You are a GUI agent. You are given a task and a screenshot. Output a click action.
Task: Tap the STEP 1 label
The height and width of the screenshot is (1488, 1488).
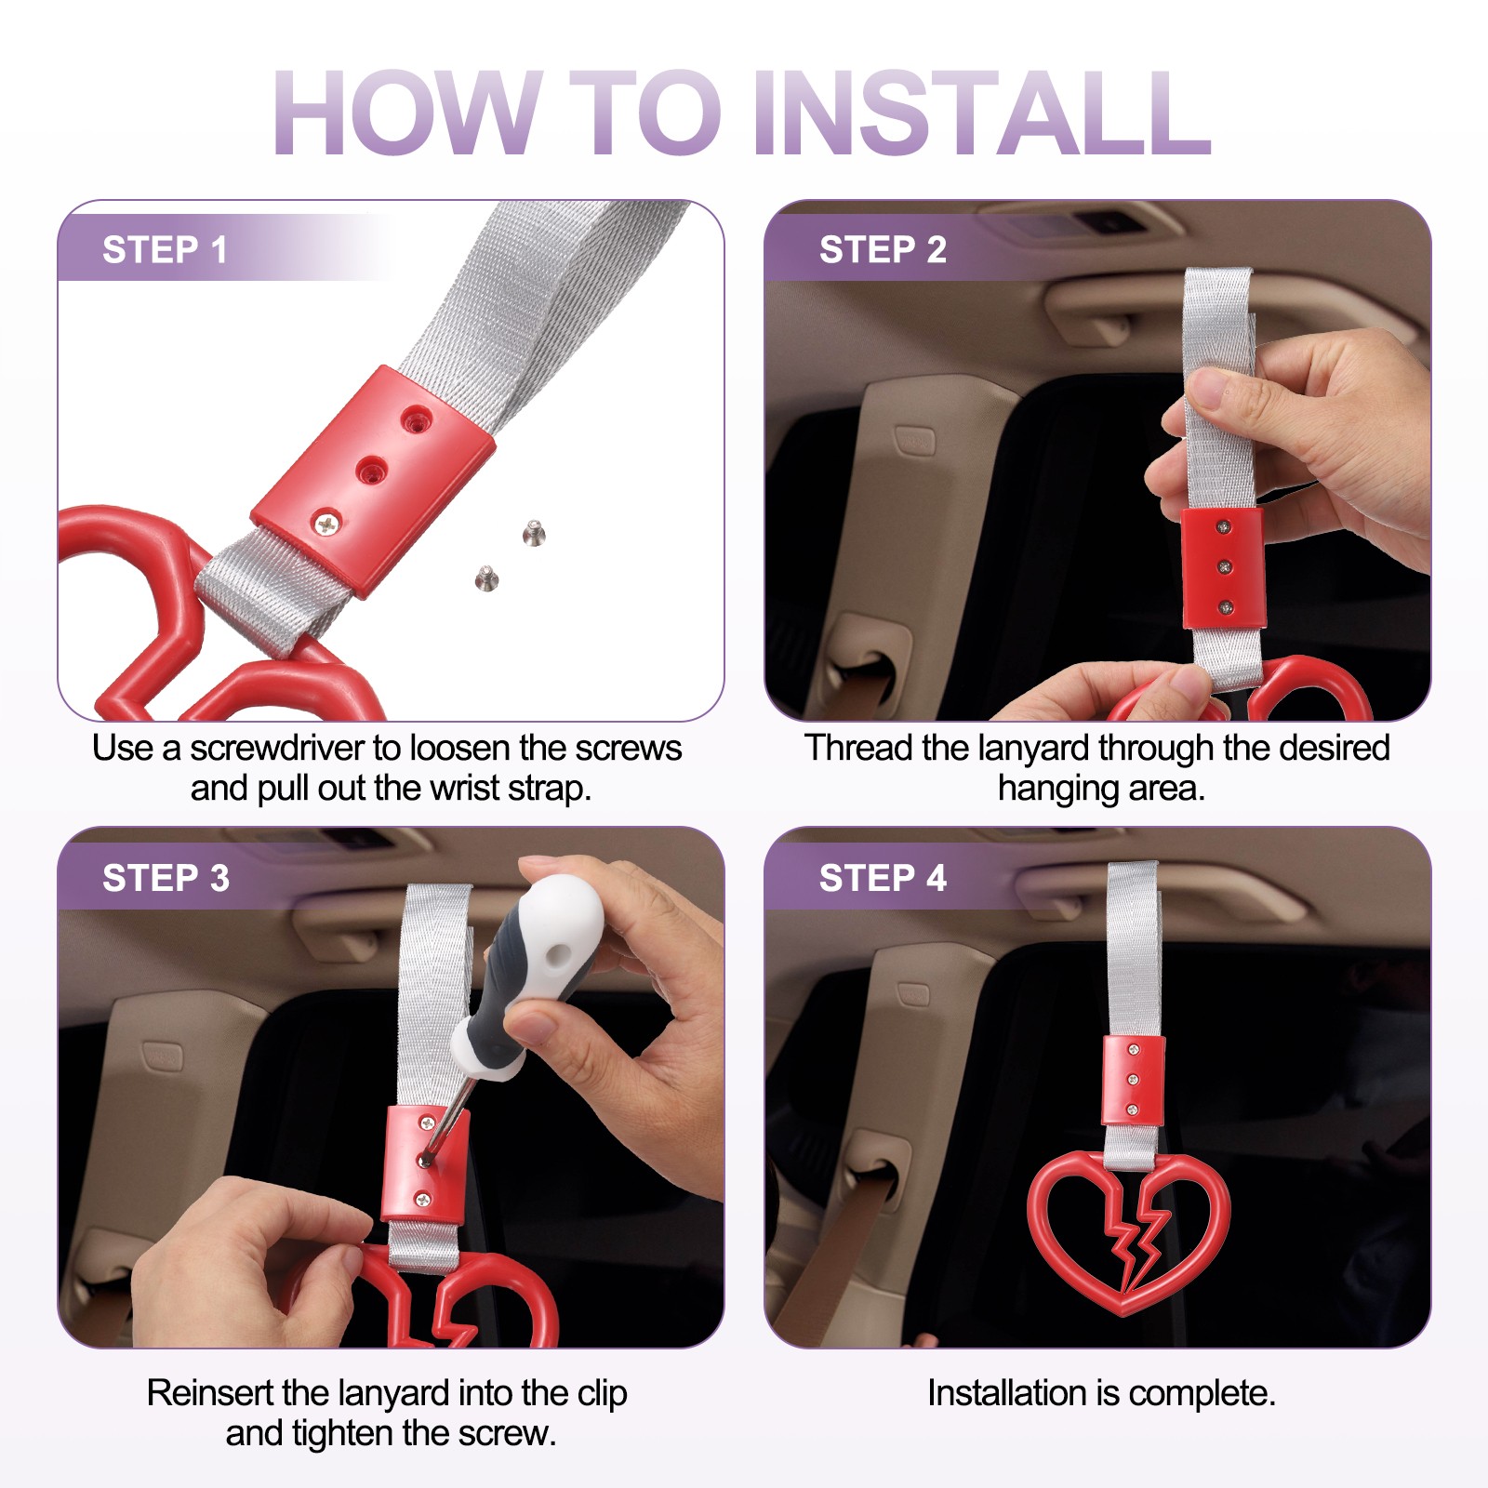click(165, 250)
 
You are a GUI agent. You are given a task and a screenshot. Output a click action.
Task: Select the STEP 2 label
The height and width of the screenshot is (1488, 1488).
click(883, 250)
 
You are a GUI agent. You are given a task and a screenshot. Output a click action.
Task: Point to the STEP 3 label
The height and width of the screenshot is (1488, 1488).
click(166, 878)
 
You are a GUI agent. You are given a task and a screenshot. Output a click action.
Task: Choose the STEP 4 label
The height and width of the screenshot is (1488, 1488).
click(883, 878)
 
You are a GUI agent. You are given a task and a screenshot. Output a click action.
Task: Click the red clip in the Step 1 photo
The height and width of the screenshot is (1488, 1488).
click(373, 479)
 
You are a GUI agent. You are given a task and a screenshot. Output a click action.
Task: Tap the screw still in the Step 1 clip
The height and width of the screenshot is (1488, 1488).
click(327, 525)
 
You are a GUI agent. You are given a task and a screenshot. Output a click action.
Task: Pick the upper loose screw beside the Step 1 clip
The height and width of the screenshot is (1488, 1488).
click(534, 533)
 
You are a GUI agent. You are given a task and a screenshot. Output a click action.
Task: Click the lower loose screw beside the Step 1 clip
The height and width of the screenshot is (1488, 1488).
click(485, 578)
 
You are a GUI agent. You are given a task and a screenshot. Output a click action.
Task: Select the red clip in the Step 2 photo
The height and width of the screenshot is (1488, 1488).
click(1223, 567)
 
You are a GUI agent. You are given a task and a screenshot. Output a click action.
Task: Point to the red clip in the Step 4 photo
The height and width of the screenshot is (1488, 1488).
click(1133, 1080)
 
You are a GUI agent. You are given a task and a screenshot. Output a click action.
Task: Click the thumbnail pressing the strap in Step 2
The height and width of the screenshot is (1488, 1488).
click(1210, 389)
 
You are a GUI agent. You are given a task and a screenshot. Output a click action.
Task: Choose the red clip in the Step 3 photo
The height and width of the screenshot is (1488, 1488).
click(425, 1164)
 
